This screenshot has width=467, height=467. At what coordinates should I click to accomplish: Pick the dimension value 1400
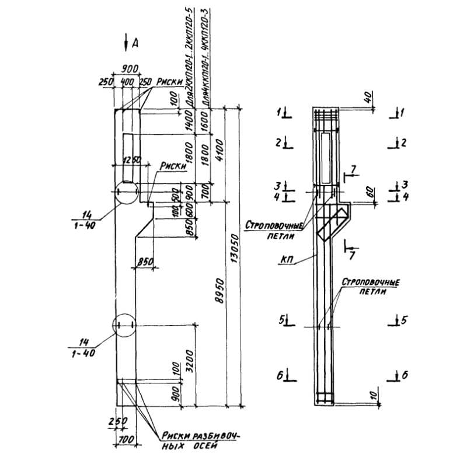[190, 121]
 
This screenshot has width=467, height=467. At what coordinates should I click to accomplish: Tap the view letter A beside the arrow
[135, 43]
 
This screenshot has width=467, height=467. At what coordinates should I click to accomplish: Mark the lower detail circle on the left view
[125, 326]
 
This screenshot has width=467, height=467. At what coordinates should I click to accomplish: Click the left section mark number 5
[281, 320]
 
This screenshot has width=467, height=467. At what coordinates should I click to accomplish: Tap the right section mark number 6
[404, 375]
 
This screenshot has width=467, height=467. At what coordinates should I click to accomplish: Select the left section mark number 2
[280, 142]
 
